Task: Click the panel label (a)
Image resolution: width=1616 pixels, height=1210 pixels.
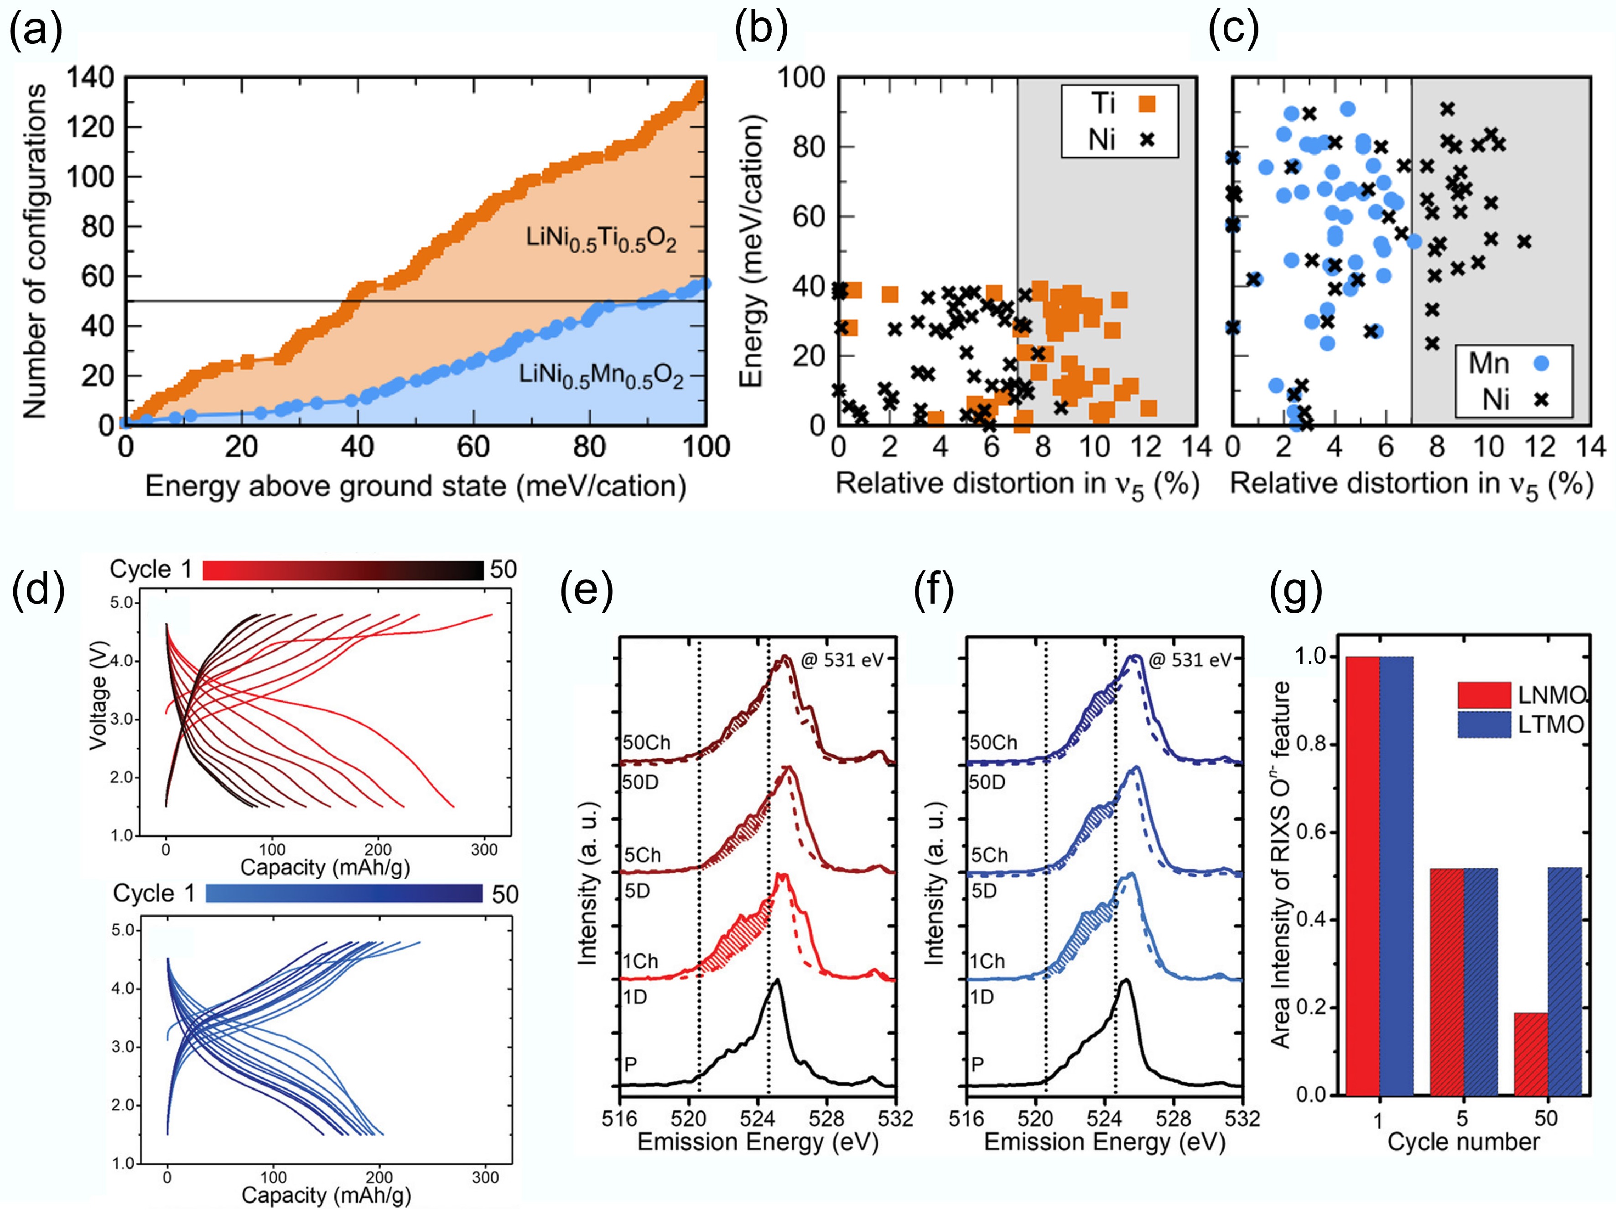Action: (x=35, y=31)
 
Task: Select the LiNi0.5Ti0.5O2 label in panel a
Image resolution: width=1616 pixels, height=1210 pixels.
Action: (x=601, y=239)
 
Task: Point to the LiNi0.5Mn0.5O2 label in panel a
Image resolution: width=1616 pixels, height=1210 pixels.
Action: (x=601, y=376)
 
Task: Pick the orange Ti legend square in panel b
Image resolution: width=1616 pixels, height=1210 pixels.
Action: (x=1147, y=104)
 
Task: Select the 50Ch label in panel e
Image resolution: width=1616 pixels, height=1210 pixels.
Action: (x=647, y=742)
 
